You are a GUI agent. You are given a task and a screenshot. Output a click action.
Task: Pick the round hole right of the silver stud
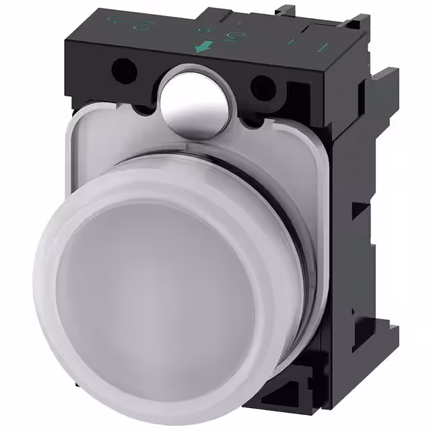[263, 86]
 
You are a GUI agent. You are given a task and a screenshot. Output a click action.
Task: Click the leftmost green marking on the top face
[114, 19]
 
